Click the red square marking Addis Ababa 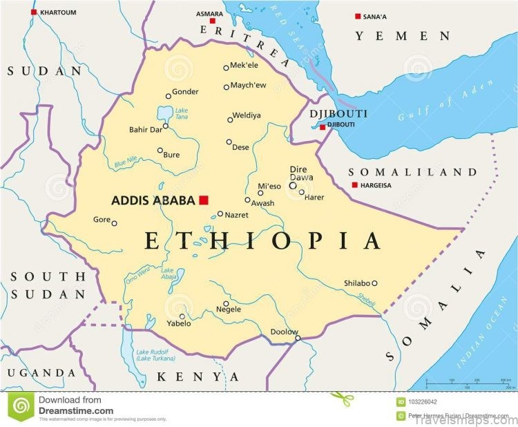(203, 200)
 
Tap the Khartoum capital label (59, 12)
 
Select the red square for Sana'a (358, 17)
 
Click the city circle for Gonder (168, 96)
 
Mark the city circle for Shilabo (375, 283)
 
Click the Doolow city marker (298, 338)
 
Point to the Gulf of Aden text (445, 101)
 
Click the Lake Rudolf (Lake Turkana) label (156, 354)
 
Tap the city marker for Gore (115, 223)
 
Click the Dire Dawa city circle (293, 185)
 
